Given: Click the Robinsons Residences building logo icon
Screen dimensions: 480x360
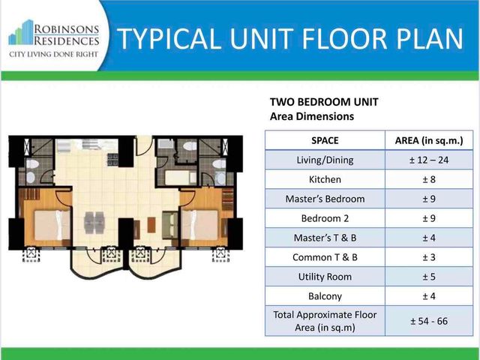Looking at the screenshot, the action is coord(21,32).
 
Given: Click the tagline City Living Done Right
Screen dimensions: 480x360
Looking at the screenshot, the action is coord(53,55).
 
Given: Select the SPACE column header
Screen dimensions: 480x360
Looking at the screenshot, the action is coord(325,140).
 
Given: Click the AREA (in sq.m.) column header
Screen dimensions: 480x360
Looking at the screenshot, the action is coord(429,140).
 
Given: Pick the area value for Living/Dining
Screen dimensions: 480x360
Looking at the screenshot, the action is coord(429,160).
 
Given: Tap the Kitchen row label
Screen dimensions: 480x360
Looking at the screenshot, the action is coord(325,179).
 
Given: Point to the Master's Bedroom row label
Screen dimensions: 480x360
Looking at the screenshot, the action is coord(325,199).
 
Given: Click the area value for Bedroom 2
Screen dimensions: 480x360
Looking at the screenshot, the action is coord(429,218).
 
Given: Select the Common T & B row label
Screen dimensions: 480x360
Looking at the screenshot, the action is coord(325,257).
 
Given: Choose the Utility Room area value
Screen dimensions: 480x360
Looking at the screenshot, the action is coord(429,277).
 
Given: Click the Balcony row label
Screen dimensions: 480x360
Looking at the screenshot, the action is coord(325,296).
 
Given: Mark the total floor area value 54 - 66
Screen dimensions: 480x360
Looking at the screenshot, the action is coord(429,321).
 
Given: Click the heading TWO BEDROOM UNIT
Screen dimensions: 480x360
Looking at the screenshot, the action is coord(324,102).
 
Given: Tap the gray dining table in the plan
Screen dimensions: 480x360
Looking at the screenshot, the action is coord(94,222).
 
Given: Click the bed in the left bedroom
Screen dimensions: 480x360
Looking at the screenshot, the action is coord(52,225).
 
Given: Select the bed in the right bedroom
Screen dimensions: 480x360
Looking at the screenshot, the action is coord(200,225).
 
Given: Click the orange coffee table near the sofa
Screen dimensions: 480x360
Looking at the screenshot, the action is coord(151,225).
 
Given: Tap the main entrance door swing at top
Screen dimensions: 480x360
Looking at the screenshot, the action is coord(144,145).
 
